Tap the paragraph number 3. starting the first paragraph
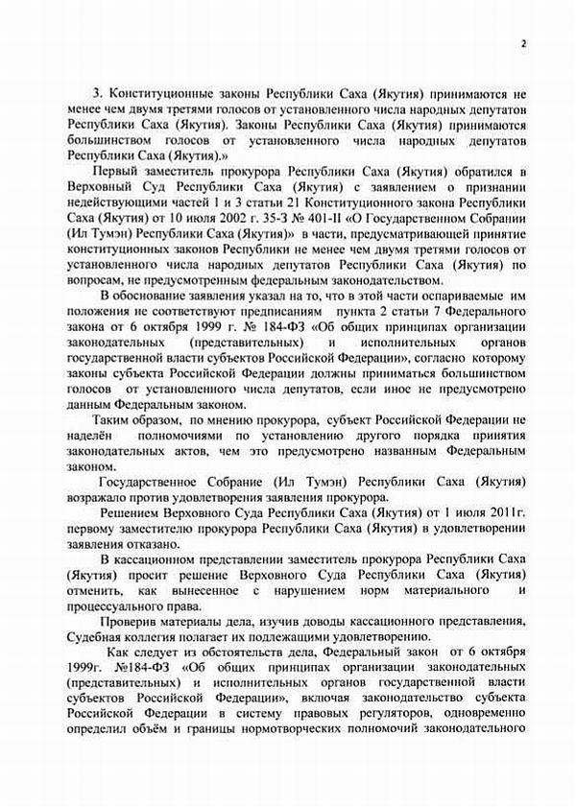click(96, 97)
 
